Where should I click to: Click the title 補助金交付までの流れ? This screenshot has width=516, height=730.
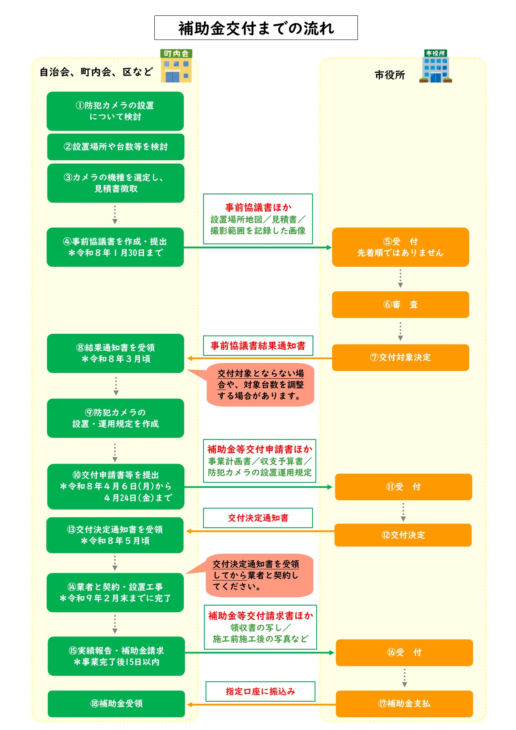[x=256, y=28]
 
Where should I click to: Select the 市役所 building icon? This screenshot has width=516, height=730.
[x=435, y=66]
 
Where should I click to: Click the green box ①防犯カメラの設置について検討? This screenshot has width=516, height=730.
[x=115, y=111]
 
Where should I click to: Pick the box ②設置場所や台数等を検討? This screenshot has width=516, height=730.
[x=116, y=147]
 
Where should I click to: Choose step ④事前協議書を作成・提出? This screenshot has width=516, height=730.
[x=115, y=247]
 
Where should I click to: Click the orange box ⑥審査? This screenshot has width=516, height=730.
[x=400, y=305]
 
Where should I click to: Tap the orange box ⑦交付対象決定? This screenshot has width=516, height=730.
[x=400, y=358]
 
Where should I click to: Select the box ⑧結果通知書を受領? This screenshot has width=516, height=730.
[x=115, y=353]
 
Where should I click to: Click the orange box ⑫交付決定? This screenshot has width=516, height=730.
[x=403, y=535]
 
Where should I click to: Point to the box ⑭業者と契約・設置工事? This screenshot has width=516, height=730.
[x=115, y=593]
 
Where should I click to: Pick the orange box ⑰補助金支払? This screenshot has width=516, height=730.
[x=404, y=704]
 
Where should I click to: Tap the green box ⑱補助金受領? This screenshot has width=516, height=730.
[x=116, y=704]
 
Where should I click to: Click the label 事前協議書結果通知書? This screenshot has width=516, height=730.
[x=258, y=346]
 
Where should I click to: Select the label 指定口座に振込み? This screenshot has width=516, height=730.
[x=260, y=691]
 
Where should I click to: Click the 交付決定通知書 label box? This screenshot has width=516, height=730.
[x=258, y=518]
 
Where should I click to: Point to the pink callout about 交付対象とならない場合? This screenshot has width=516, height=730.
[x=260, y=385]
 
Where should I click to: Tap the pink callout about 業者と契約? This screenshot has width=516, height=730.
[x=260, y=576]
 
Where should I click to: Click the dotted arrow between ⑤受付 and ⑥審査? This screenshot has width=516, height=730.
[x=400, y=278]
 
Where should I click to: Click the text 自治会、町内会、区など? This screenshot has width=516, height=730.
[x=96, y=72]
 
